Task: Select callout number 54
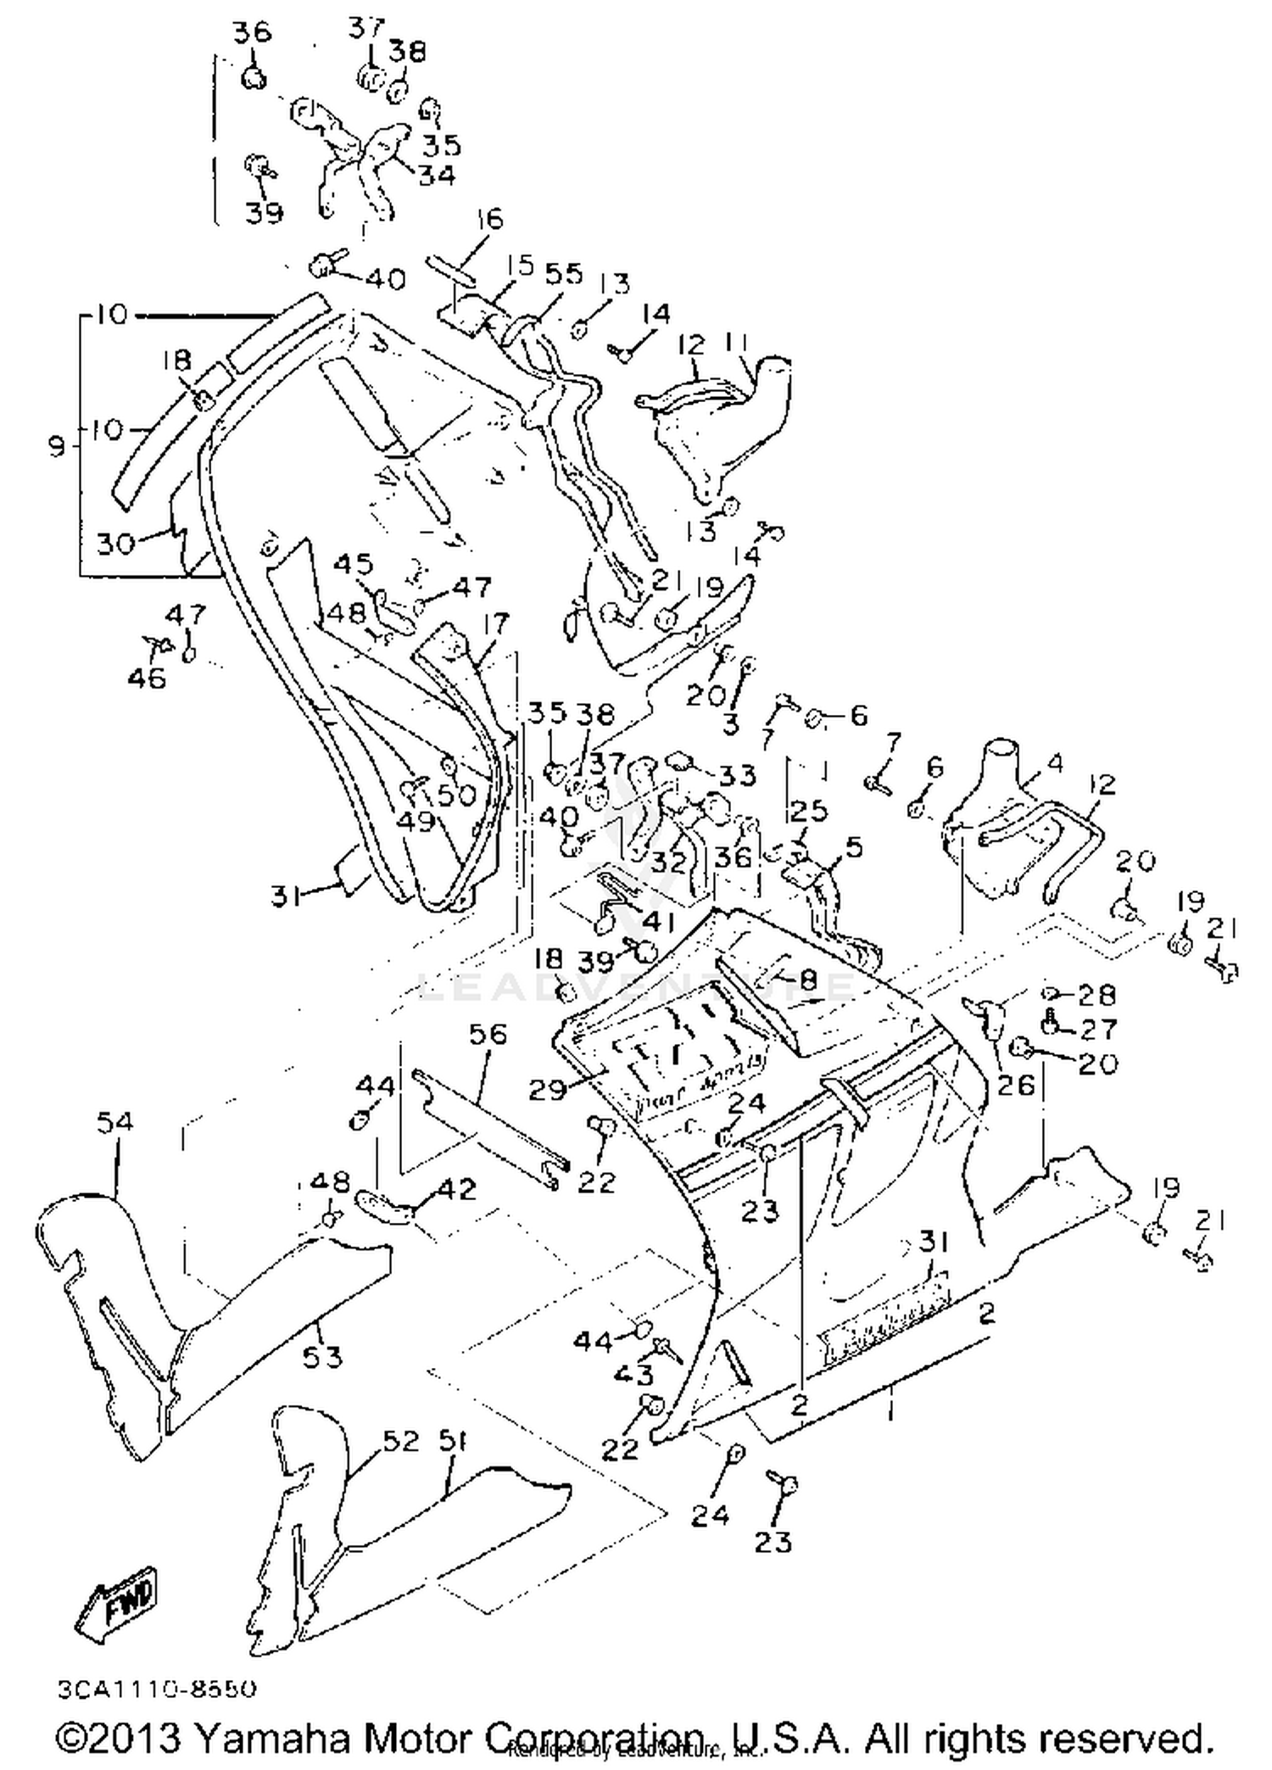114,1123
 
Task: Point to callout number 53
322,1357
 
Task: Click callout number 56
487,1035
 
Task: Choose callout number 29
546,1089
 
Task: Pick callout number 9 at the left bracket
56,444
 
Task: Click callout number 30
115,543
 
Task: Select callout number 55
564,273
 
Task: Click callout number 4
1054,763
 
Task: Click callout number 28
1096,994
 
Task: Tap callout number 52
401,1441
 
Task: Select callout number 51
455,1441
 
